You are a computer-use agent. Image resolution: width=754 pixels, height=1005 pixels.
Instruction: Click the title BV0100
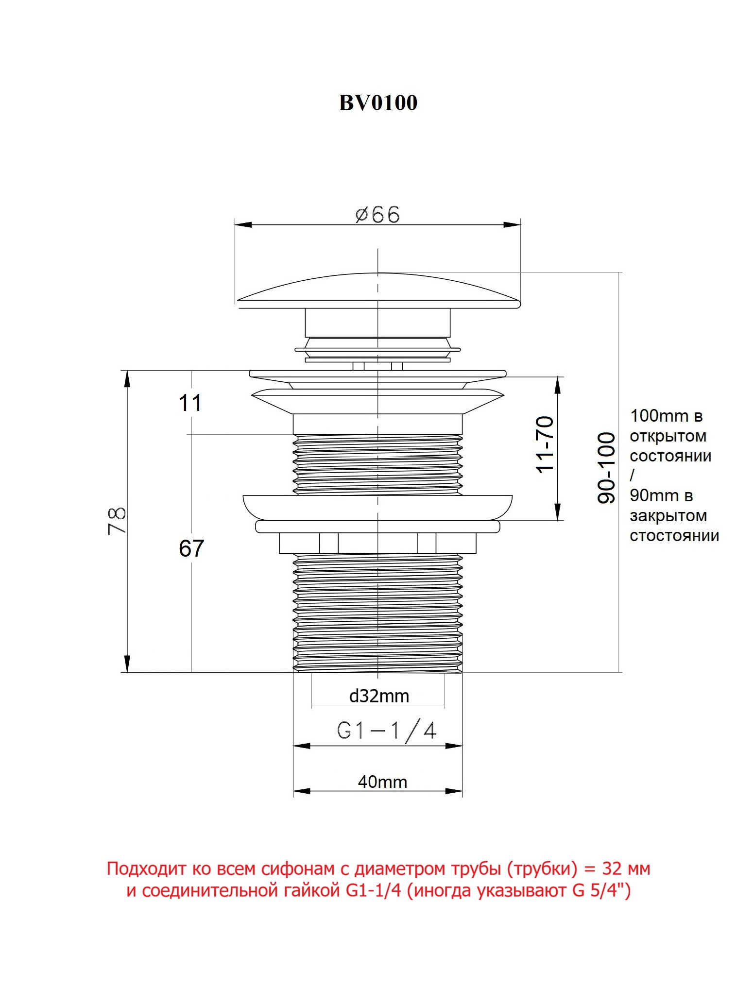377,102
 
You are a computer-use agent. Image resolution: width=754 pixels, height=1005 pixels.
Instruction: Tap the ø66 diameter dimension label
377,214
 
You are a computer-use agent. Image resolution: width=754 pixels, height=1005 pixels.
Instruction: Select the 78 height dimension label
117,521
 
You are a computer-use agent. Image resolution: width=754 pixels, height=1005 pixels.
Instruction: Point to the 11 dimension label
190,403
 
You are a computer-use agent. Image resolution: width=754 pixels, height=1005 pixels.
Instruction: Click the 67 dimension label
191,548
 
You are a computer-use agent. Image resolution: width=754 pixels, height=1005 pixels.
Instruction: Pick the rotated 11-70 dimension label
545,444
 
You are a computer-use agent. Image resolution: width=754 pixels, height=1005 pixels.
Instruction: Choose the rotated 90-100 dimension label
606,468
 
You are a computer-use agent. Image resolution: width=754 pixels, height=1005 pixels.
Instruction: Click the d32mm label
379,696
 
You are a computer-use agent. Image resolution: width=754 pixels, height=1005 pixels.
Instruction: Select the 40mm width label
382,782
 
